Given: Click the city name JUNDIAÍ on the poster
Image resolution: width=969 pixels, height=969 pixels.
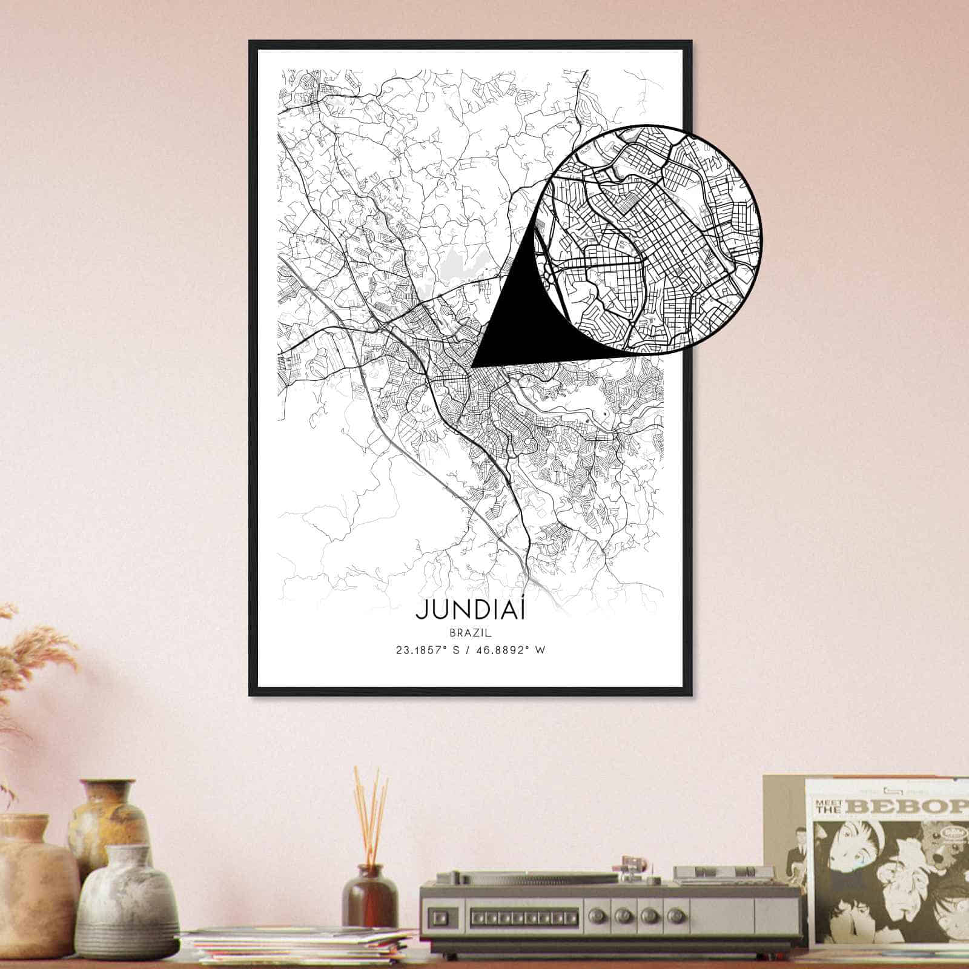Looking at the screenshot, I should pos(470,610).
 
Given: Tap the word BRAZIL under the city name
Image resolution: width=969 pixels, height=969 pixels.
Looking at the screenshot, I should pos(470,632).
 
